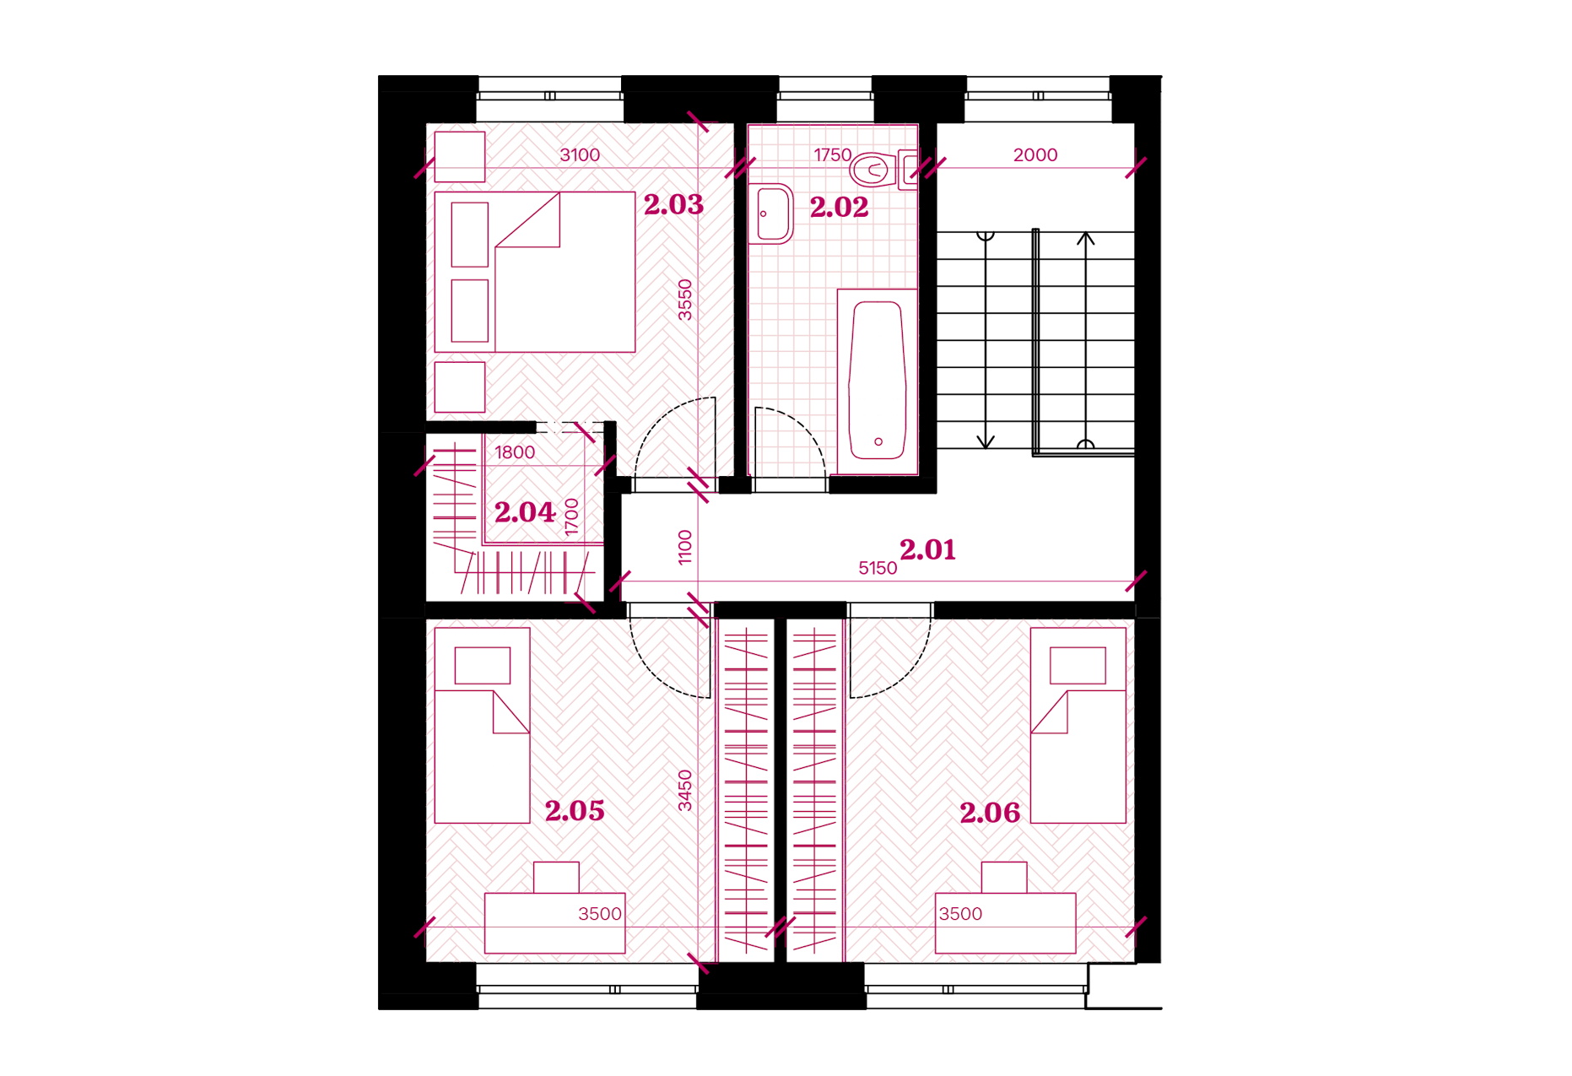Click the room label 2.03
point(673,204)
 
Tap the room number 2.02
point(839,208)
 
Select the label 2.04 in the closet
point(525,512)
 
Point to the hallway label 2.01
point(927,550)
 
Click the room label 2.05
point(575,811)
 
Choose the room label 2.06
point(990,813)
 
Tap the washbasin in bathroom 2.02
point(771,214)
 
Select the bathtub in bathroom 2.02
point(878,381)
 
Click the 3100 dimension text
point(580,155)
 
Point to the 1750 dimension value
point(832,155)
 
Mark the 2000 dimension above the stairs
point(1035,155)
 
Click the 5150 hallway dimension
point(878,569)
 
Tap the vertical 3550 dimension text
point(685,300)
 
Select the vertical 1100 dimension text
point(685,547)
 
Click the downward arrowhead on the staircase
point(986,442)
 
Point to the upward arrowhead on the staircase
point(1086,239)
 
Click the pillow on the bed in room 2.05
point(483,666)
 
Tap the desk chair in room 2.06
point(1004,878)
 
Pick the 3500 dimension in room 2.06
point(960,914)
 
